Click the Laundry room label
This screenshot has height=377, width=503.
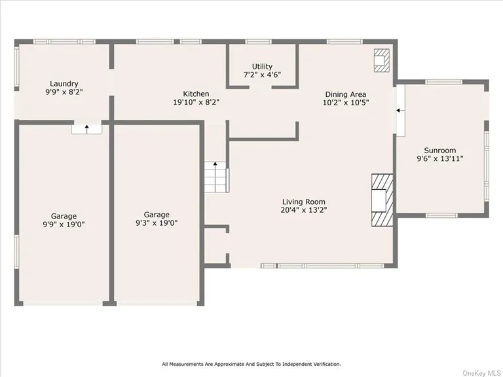[x=64, y=84]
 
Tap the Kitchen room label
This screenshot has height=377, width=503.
[x=196, y=94]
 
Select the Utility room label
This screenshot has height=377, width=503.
[x=262, y=67]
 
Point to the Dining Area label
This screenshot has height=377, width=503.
[x=345, y=94]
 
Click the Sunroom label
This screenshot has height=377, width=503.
[x=440, y=150]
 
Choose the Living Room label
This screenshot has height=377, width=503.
[x=304, y=202]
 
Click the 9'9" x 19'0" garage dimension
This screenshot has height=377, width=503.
[x=64, y=224]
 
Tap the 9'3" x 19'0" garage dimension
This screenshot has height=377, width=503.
[x=157, y=223]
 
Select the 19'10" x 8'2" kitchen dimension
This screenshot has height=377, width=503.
[x=196, y=102]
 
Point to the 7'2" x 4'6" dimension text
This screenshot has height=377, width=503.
[x=262, y=75]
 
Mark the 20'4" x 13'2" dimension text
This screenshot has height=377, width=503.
[x=304, y=210]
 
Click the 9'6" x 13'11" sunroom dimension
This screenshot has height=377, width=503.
[x=440, y=158]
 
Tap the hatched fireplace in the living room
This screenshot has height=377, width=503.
[x=381, y=200]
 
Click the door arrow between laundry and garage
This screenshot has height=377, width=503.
[x=87, y=128]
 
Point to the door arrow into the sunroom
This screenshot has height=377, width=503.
[x=399, y=112]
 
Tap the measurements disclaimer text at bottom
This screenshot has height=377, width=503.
[x=251, y=364]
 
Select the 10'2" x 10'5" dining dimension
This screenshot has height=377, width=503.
[x=345, y=102]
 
